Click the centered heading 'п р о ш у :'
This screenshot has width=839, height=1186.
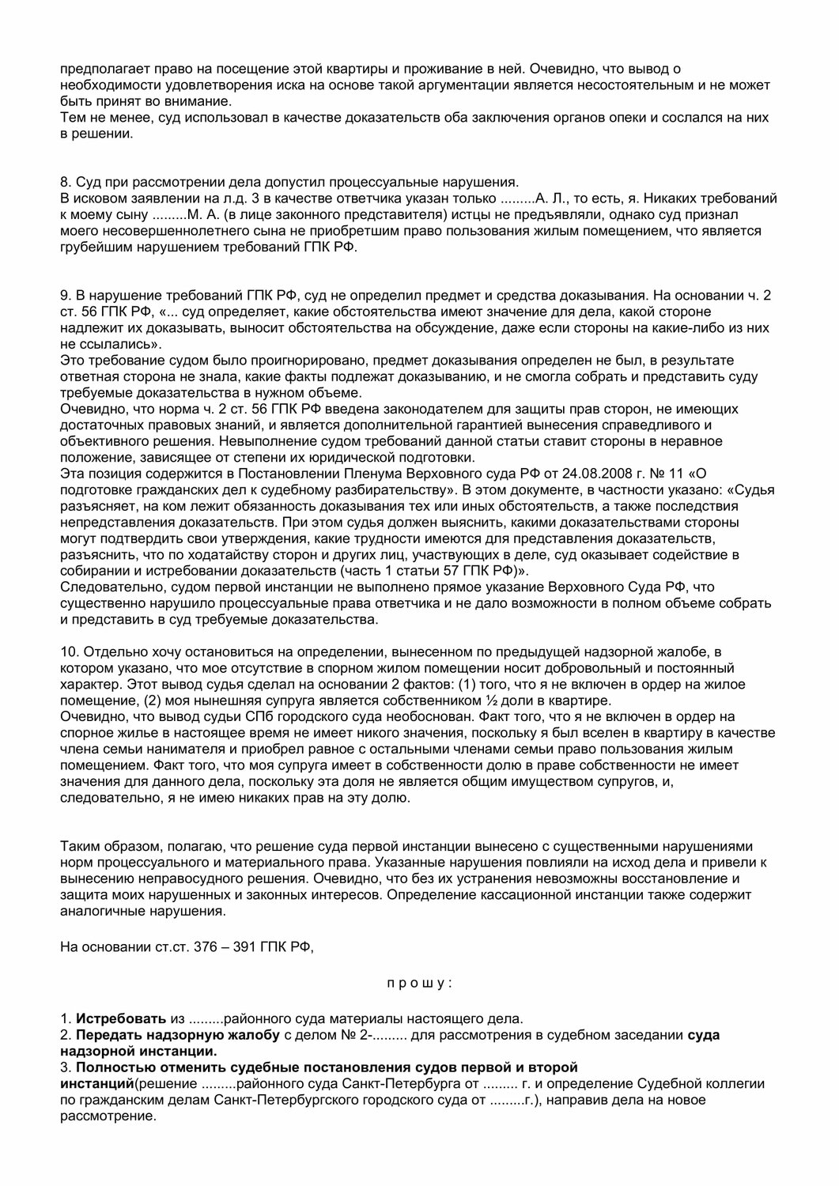point(419,984)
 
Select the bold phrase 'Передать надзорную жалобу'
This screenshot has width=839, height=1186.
point(177,1035)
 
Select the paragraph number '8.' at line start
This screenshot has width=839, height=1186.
point(66,181)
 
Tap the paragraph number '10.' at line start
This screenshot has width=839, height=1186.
point(70,651)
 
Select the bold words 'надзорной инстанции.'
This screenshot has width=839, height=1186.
point(137,1052)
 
